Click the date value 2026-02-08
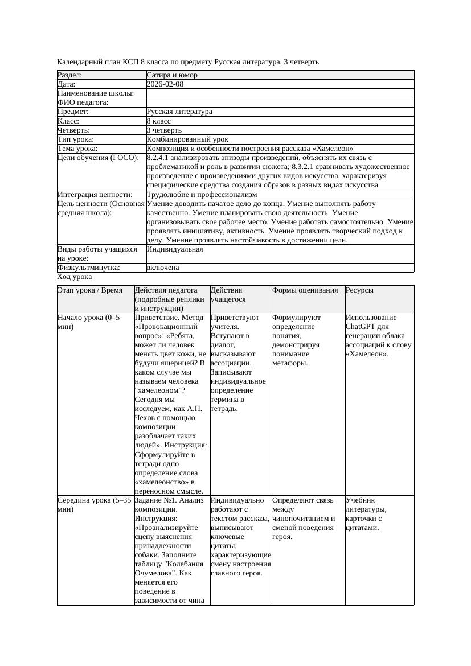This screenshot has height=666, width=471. point(165,84)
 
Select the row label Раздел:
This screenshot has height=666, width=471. point(70,75)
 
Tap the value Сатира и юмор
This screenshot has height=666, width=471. point(172,75)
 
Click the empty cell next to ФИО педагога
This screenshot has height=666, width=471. point(279,102)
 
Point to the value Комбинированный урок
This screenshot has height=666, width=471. point(187,139)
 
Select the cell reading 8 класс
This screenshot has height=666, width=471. point(158,121)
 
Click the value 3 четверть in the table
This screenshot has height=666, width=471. point(164,130)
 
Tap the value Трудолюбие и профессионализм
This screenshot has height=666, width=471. point(202,195)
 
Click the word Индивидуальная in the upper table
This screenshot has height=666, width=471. point(175,249)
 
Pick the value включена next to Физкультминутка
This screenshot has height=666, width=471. point(162,268)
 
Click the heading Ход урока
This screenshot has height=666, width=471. point(75,277)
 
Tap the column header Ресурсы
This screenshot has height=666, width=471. point(359,290)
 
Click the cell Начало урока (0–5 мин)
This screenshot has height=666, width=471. point(89,322)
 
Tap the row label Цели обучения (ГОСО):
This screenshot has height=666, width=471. point(97,158)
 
